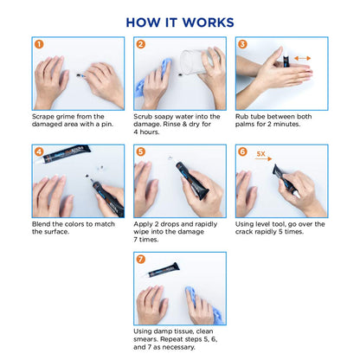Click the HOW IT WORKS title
[x=180, y=22]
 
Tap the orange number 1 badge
[x=38, y=43]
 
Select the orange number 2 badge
[x=140, y=43]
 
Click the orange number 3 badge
[x=242, y=43]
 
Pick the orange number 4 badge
[x=38, y=151]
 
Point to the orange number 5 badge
[x=140, y=151]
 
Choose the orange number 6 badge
[x=242, y=151]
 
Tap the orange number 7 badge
[x=140, y=258]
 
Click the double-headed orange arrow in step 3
[x=302, y=59]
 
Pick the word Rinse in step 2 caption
[x=199, y=125]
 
